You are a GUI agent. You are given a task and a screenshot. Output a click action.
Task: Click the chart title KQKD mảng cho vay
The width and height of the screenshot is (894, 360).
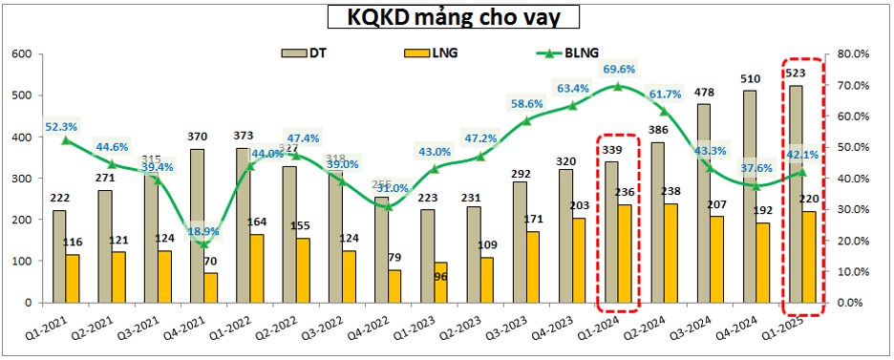[x=451, y=17]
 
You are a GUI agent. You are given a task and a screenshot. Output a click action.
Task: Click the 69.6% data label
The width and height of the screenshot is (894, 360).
[x=619, y=69]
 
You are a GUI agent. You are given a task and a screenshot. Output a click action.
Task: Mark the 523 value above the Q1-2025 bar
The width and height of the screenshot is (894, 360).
[x=794, y=74]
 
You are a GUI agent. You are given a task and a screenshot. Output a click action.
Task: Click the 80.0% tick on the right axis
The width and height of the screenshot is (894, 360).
[x=853, y=54]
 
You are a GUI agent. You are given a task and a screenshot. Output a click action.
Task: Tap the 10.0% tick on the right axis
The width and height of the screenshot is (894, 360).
[x=853, y=271]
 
